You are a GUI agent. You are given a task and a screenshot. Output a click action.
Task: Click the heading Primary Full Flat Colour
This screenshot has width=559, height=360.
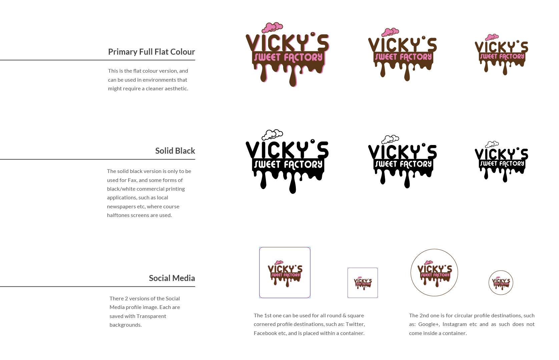coord(151,52)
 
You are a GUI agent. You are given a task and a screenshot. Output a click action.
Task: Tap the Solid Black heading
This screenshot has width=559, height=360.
coord(175,151)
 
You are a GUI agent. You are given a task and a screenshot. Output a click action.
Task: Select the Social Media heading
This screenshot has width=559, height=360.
coord(172,278)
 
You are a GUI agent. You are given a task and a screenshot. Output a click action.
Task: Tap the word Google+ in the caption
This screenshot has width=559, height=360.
coord(427,324)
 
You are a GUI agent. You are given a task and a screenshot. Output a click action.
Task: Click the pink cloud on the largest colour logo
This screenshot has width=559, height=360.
coord(272,27)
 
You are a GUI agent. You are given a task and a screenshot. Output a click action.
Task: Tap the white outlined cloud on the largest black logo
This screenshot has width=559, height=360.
coord(272,135)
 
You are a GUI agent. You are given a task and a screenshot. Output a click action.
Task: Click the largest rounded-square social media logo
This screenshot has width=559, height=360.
coord(285,272)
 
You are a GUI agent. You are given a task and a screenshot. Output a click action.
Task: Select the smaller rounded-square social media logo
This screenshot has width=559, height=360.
coord(363,283)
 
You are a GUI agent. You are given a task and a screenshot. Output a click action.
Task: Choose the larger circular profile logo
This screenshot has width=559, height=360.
coord(434,272)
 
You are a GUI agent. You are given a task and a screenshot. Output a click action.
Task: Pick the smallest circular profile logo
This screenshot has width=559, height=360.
coord(501,283)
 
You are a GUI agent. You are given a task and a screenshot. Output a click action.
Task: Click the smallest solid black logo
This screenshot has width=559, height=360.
coord(501,162)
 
